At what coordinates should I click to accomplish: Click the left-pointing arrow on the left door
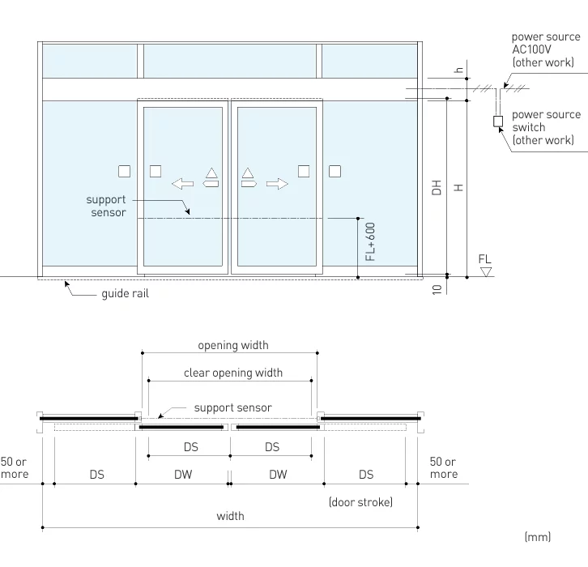click(x=183, y=184)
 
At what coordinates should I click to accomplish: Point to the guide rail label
click(x=125, y=293)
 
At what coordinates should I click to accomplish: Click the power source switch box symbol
click(x=498, y=122)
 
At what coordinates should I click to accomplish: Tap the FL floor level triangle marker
click(x=485, y=272)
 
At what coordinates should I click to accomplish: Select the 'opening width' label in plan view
click(x=233, y=345)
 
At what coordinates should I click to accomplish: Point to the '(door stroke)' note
click(x=360, y=502)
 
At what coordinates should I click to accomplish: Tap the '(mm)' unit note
click(x=537, y=537)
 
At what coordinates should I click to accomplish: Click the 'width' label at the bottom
click(x=230, y=516)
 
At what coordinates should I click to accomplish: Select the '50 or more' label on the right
click(x=443, y=467)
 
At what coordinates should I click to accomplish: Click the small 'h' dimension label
click(x=458, y=70)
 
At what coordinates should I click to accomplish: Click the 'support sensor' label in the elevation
click(x=106, y=206)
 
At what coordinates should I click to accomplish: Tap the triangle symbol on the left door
click(x=211, y=173)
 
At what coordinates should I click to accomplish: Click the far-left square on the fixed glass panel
click(x=124, y=171)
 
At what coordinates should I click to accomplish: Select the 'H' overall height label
click(x=458, y=187)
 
